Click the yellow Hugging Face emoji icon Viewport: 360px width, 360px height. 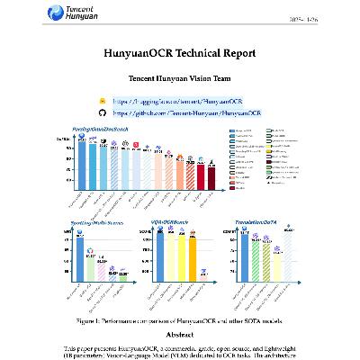point(102,103)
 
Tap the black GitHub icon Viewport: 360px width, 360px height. point(102,114)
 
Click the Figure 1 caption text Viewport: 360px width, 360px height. point(180,319)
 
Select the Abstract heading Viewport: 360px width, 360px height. point(180,335)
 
